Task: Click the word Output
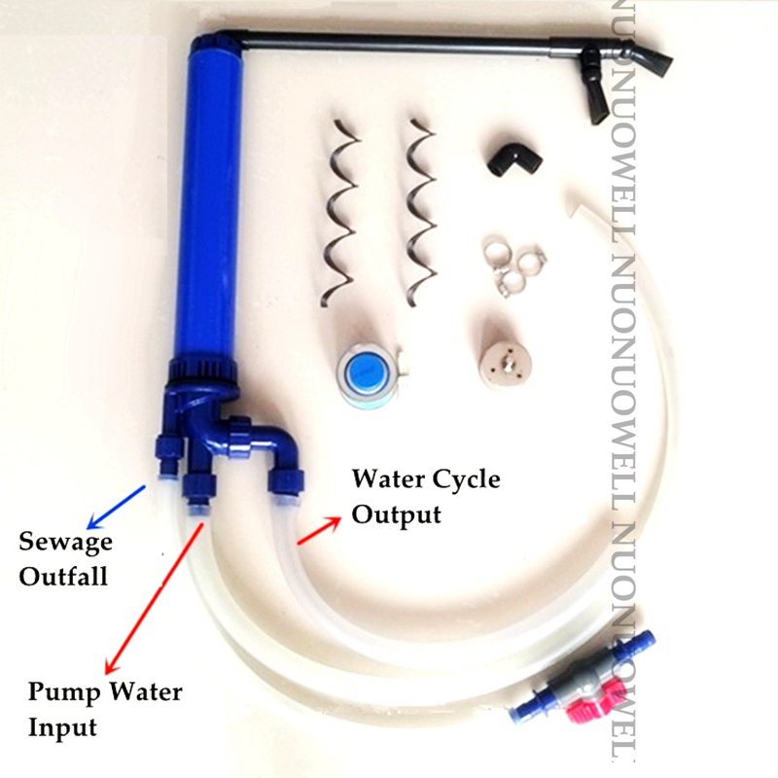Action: coord(397,513)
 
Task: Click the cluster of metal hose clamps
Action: coord(513,266)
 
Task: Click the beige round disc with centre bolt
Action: coord(508,361)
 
